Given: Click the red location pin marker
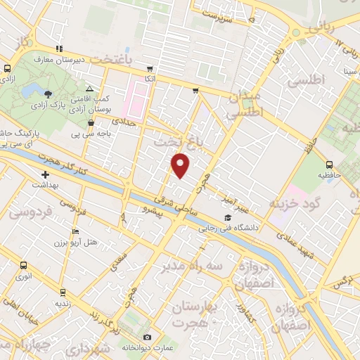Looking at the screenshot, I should [x=181, y=165].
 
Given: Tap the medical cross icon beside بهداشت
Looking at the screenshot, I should [x=46, y=174].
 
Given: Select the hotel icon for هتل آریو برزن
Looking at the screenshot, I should [x=76, y=231].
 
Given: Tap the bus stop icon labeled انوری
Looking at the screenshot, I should [x=24, y=266].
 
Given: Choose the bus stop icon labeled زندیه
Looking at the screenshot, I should [x=63, y=292].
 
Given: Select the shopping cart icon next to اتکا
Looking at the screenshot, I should [x=150, y=69].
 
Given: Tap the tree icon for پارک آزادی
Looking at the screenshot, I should [x=48, y=94].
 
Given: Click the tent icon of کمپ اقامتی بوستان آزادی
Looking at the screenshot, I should [x=89, y=89].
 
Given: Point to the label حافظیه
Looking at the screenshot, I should [x=328, y=173].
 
